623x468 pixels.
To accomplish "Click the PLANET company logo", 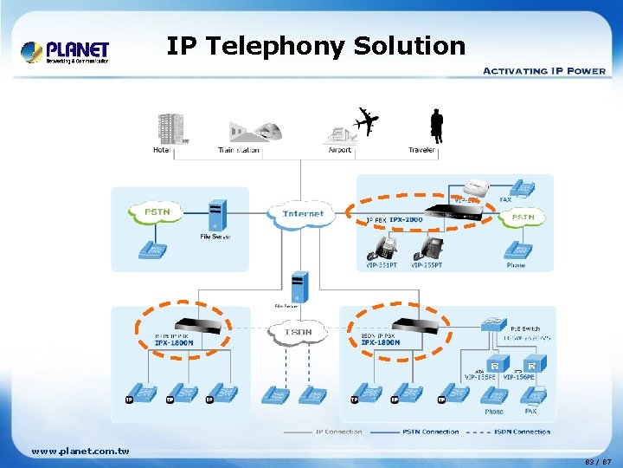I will tap(65, 51).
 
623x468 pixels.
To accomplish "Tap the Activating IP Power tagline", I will tap(543, 70).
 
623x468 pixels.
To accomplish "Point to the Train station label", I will tap(239, 150).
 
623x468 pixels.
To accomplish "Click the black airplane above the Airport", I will tap(367, 121).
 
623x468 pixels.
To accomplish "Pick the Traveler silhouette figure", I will tap(436, 126).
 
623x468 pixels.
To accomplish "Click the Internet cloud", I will tap(303, 213).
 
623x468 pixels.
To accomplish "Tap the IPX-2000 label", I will tap(406, 219).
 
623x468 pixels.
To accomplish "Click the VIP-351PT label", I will tap(381, 265).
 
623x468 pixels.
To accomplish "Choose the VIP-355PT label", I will tap(427, 265).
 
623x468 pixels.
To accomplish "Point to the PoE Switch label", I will tap(523, 329).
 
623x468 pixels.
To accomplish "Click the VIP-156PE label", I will tap(521, 377).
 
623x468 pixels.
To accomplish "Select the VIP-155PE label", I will tap(481, 377).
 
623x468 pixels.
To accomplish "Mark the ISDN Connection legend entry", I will tap(521, 431).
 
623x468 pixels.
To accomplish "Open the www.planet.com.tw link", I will tap(80, 451).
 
